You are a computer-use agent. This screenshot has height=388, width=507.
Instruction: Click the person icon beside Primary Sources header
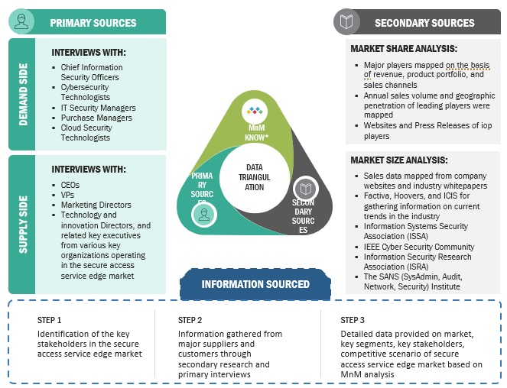pyautogui.click(x=21, y=22)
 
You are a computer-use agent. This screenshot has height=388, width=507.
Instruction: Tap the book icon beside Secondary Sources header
pyautogui.click(x=348, y=21)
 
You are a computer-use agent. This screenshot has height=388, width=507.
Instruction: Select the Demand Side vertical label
pyautogui.click(x=21, y=95)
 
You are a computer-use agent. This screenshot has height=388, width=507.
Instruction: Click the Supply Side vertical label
pyautogui.click(x=21, y=225)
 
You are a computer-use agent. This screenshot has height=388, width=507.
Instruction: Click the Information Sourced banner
pyautogui.click(x=255, y=284)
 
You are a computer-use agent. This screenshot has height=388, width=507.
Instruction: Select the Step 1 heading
pyautogui.click(x=50, y=320)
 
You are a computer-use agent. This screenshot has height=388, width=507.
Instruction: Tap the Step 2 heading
pyautogui.click(x=190, y=320)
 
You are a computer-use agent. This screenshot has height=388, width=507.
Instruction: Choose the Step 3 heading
pyautogui.click(x=353, y=320)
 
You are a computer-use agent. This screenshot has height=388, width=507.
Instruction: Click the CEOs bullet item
pyautogui.click(x=70, y=185)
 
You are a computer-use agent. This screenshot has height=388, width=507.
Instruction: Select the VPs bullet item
pyautogui.click(x=67, y=195)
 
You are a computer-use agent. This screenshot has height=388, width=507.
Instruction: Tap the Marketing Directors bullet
pyautogui.click(x=96, y=205)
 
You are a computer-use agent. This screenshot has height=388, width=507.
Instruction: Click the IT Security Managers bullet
pyautogui.click(x=99, y=108)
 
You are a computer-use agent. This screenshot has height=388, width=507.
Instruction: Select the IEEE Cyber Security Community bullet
pyautogui.click(x=418, y=247)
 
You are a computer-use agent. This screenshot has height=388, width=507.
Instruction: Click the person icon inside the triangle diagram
pyautogui.click(x=204, y=215)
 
